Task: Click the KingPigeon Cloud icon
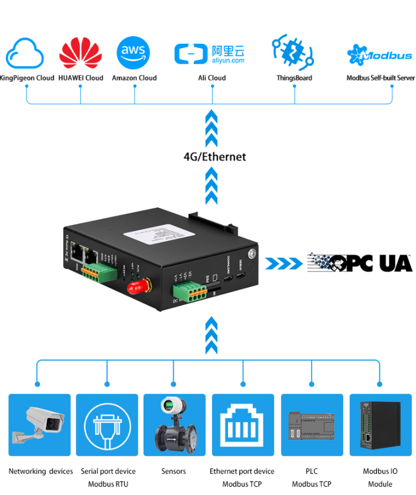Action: (x=25, y=54)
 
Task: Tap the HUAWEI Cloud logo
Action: (x=81, y=54)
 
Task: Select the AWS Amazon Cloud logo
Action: (x=134, y=53)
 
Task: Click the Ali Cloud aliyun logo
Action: (x=211, y=54)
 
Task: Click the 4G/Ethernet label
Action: (x=214, y=157)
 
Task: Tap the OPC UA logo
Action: (x=360, y=263)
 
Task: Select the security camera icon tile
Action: (x=40, y=425)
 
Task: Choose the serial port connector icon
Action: (x=108, y=425)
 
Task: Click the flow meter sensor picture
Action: (x=174, y=425)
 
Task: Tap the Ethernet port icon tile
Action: (x=243, y=425)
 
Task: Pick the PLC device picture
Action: (x=311, y=425)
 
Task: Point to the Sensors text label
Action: (x=174, y=472)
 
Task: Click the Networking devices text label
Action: (x=41, y=472)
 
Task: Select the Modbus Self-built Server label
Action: (x=381, y=78)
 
